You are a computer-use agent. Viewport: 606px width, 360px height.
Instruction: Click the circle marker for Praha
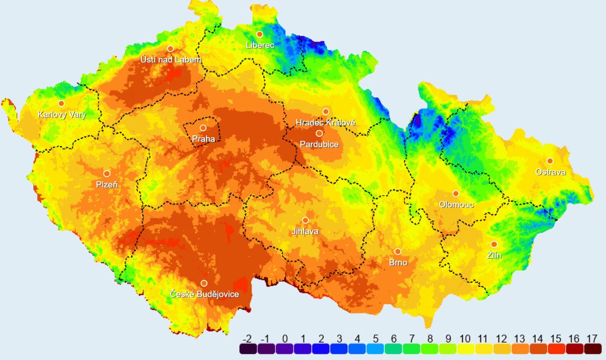click(x=203, y=128)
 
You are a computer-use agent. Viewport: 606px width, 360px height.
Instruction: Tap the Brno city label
click(x=397, y=263)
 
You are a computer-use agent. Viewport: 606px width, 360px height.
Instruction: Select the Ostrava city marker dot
click(x=550, y=161)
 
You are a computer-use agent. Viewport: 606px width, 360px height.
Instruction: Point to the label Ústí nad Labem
click(x=170, y=60)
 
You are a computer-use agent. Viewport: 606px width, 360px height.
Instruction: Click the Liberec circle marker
click(x=260, y=34)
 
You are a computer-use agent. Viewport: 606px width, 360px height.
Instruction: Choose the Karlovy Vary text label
click(x=62, y=115)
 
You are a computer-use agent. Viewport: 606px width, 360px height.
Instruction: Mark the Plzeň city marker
click(x=107, y=174)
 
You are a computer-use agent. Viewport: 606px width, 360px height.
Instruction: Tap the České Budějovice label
click(x=204, y=294)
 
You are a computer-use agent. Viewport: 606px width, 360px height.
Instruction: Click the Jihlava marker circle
click(x=305, y=220)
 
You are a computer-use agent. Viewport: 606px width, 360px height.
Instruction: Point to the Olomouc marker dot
click(x=456, y=193)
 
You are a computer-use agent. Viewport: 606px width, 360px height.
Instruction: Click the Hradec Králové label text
click(x=326, y=123)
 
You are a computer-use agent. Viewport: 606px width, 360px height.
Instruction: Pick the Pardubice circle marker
click(x=319, y=133)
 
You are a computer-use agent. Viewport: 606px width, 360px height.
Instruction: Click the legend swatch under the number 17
click(x=593, y=349)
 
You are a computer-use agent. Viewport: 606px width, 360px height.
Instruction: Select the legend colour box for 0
click(x=285, y=349)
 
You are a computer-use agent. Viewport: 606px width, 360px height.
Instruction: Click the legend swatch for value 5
click(x=376, y=349)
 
